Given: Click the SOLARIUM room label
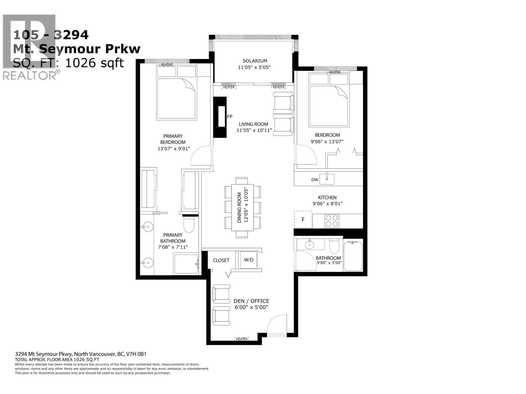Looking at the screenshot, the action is coord(254,61).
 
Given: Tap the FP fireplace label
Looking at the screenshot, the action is coord(229,117).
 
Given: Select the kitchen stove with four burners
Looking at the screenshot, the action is coord(331,221).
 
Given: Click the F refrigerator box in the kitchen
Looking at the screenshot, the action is coord(303,219).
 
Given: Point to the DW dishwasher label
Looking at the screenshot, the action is coord(314,180).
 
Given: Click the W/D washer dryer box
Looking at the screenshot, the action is coord(249,260).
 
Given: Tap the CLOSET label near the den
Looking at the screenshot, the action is coord(221,260).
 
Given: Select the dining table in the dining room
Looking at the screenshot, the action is coord(242,208).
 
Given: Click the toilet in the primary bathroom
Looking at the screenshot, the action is coord(189,224).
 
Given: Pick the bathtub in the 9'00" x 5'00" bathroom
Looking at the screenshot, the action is coord(353,256).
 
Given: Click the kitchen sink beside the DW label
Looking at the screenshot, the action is coord(327,179).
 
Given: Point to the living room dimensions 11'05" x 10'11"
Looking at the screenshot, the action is coord(254,130).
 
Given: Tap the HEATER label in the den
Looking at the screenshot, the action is coord(242,339).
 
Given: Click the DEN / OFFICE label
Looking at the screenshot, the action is coord(251,301).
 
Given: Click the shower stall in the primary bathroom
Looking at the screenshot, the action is coord(186,264).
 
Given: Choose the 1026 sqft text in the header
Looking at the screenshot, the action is coord(94,63).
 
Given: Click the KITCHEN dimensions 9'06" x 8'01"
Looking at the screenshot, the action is coord(327,204).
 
